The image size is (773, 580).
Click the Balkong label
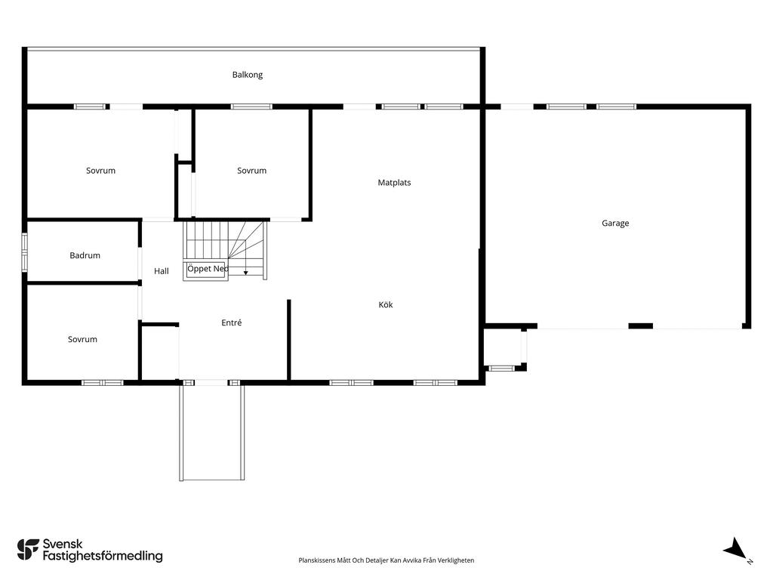pyautogui.click(x=248, y=75)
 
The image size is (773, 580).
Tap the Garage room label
pyautogui.click(x=615, y=224)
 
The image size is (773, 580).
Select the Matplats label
pyautogui.click(x=394, y=183)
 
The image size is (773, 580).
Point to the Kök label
pyautogui.click(x=386, y=305)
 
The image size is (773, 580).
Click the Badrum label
pyautogui.click(x=85, y=255)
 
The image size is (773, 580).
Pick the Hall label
pyautogui.click(x=162, y=271)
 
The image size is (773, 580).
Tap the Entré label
pyautogui.click(x=232, y=322)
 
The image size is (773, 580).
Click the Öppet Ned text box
pyautogui.click(x=206, y=270)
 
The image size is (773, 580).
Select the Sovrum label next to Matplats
pyautogui.click(x=251, y=171)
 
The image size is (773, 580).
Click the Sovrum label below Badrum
pyautogui.click(x=82, y=339)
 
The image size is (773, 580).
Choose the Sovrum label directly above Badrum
pyautogui.click(x=100, y=171)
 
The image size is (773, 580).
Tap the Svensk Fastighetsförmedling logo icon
pyautogui.click(x=28, y=550)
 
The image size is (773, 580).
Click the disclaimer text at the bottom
pyautogui.click(x=386, y=560)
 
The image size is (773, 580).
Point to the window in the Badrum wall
pyautogui.click(x=25, y=252)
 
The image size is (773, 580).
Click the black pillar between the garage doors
pyautogui.click(x=641, y=326)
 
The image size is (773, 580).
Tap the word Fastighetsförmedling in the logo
pyautogui.click(x=103, y=557)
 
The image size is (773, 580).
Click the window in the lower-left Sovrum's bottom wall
pyautogui.click(x=103, y=383)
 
